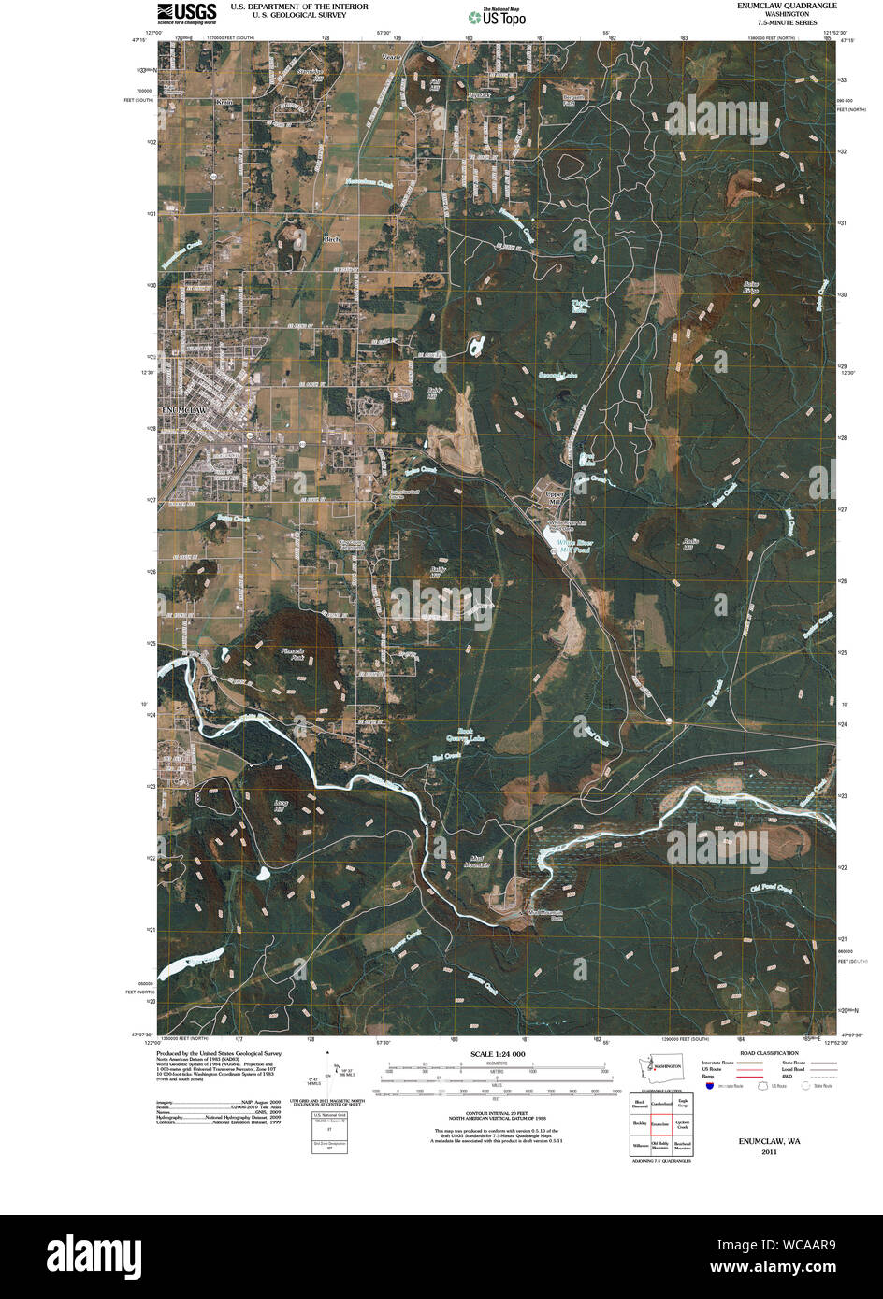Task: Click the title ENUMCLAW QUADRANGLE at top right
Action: pyautogui.click(x=789, y=6)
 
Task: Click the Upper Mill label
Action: pyautogui.click(x=556, y=496)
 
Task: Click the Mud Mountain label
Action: pyautogui.click(x=474, y=861)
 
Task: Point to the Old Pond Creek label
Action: pyautogui.click(x=771, y=891)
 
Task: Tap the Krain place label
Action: pyautogui.click(x=223, y=102)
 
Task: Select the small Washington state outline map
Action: pyautogui.click(x=666, y=1065)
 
